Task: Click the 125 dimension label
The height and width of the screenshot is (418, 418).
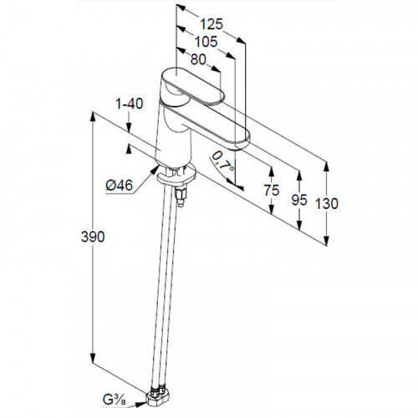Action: (x=212, y=24)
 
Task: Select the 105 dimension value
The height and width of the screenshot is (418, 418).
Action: (x=206, y=42)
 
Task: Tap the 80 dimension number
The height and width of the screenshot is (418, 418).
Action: (x=198, y=59)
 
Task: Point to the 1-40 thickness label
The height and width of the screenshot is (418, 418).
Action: (x=130, y=104)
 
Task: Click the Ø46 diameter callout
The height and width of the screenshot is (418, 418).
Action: (x=120, y=185)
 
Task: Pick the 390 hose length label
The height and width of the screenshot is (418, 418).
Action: (x=93, y=237)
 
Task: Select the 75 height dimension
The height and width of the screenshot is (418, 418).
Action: (x=272, y=191)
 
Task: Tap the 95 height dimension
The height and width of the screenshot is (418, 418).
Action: (x=299, y=200)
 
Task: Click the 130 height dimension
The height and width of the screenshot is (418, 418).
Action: (x=327, y=203)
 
